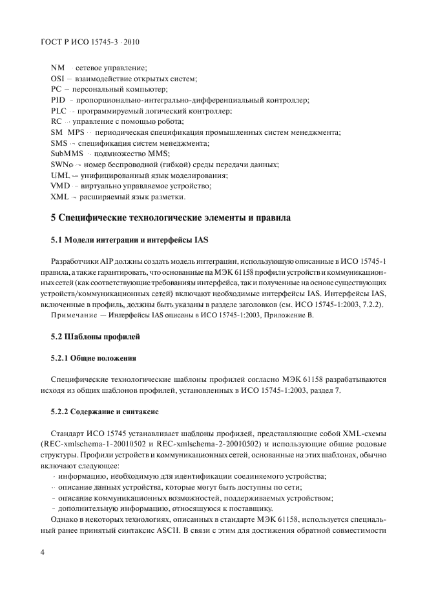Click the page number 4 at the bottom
[42, 552]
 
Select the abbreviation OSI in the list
[58, 78]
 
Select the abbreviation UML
[60, 175]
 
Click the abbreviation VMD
[60, 186]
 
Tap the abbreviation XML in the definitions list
[60, 197]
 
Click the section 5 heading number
[54, 218]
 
